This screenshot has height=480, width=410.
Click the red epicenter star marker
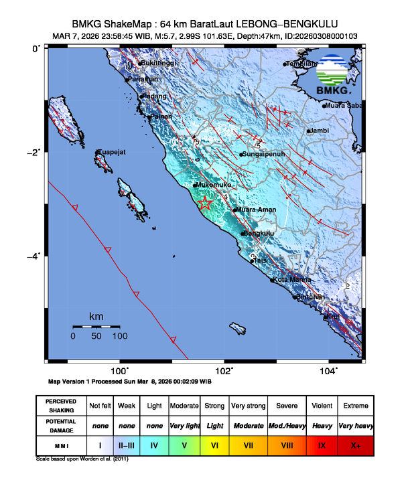pos(205,204)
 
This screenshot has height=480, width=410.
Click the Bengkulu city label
pos(260,234)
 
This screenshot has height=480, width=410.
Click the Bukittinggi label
pos(160,64)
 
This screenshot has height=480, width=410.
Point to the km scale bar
pos(96,326)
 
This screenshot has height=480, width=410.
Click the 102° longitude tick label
pos(224,371)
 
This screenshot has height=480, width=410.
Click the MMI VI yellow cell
pos(214,443)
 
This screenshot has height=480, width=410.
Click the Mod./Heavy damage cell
pos(285,425)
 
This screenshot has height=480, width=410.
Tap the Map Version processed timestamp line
pos(130,381)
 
